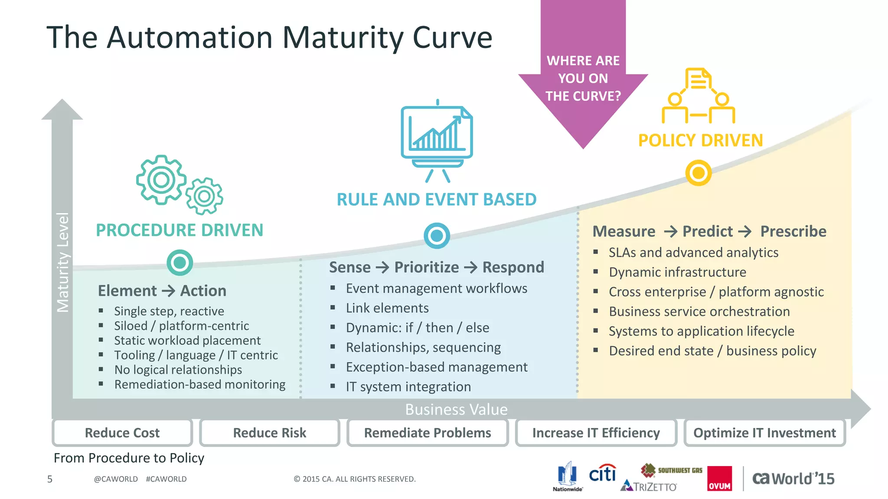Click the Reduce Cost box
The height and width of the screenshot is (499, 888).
point(122,433)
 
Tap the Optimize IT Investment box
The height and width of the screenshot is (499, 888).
point(764,433)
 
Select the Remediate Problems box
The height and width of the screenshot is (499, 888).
point(428,433)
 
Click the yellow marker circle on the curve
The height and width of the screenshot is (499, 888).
point(699,173)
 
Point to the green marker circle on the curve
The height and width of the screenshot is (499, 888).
point(180,262)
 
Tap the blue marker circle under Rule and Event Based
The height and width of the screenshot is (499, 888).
point(437,236)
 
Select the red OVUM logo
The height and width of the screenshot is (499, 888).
point(719,479)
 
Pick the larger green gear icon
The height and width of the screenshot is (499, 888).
point(161,179)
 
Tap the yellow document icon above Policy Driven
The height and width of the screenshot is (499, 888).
point(698,79)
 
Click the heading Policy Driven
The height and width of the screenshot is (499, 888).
point(700,141)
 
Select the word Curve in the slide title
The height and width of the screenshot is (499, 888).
point(452,38)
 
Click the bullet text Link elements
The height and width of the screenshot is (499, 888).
point(387,308)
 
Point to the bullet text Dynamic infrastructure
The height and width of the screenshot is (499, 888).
point(677,272)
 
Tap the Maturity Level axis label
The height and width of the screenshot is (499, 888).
point(63,262)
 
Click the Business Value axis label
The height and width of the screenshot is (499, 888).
point(456,409)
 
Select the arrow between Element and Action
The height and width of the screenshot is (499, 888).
point(169,291)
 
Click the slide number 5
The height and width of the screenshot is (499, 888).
point(50,479)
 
